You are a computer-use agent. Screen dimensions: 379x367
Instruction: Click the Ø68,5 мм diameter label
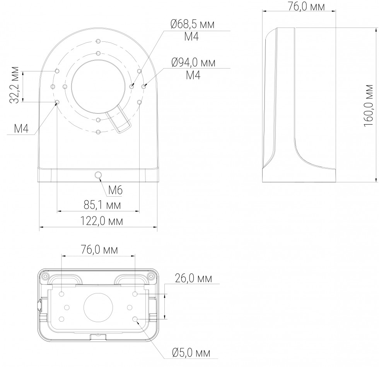193,24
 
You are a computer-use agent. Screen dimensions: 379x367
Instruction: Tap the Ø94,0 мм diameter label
193,63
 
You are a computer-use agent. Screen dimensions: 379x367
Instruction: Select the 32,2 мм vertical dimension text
15,85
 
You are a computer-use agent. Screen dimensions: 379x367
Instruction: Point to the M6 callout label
115,190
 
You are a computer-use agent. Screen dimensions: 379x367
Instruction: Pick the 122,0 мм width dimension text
101,221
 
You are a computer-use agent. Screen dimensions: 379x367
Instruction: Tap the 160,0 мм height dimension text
368,105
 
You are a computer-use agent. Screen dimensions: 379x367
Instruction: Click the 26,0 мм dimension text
193,278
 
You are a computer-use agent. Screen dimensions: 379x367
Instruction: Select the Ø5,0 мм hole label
191,353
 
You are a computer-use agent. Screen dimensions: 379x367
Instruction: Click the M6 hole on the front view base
98,175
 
